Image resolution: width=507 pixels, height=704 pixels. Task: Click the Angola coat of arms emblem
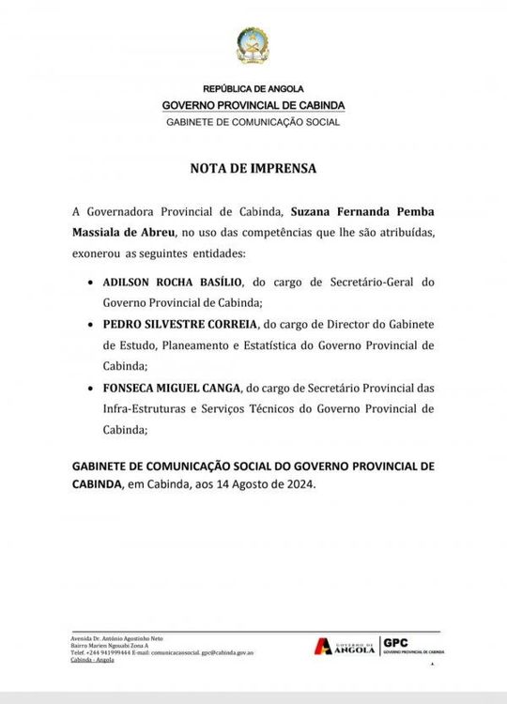tap(253, 46)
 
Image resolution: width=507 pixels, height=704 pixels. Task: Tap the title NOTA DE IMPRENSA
tap(253, 170)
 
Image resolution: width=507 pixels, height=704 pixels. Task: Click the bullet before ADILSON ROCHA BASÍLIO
tap(88, 282)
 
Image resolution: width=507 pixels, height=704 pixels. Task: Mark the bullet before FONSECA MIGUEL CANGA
tap(88, 387)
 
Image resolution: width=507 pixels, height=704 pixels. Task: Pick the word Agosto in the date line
tap(253, 483)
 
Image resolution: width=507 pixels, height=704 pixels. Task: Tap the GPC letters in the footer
tap(394, 642)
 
